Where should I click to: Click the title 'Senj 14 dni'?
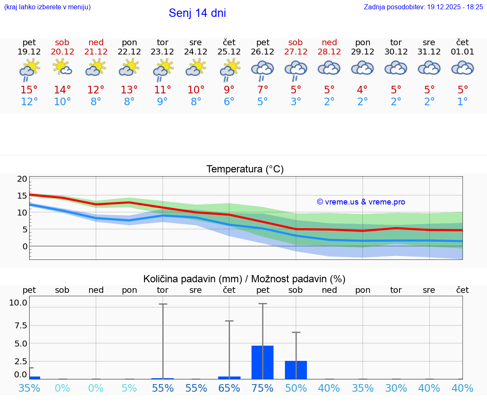(x=197, y=13)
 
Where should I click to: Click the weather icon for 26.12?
(x=263, y=70)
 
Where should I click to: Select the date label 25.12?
(x=229, y=52)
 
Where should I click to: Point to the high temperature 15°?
(x=29, y=90)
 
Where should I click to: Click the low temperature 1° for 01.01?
(x=462, y=102)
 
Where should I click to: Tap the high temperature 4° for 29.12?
(x=362, y=90)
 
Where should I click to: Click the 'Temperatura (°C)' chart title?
(x=245, y=169)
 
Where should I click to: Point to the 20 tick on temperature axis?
(x=22, y=179)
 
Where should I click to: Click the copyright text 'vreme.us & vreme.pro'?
(x=361, y=202)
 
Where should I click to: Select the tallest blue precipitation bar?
(x=263, y=362)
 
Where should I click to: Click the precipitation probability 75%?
(x=263, y=388)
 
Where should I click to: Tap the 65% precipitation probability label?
(x=229, y=388)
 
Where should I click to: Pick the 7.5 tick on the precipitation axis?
(x=20, y=325)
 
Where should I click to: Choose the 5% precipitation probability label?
(x=129, y=388)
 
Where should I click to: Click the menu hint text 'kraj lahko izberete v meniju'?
(x=47, y=7)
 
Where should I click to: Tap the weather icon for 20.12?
(x=62, y=67)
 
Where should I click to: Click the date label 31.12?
(x=429, y=52)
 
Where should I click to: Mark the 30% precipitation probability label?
(x=396, y=388)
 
